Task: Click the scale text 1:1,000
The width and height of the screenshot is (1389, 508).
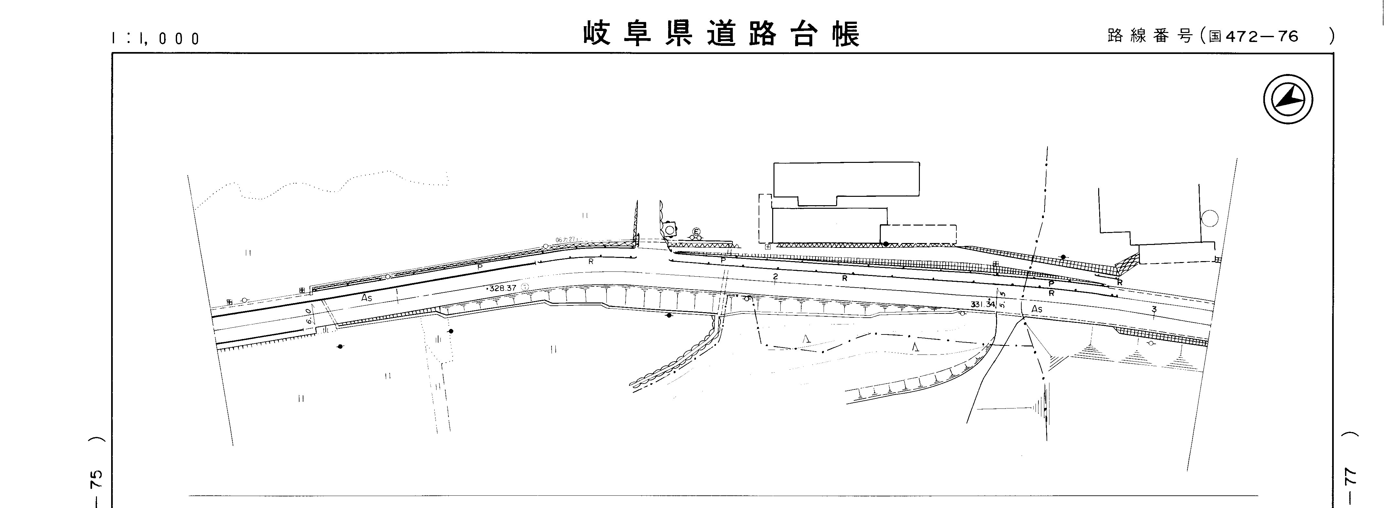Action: (156, 38)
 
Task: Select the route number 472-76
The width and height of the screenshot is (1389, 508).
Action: (1262, 36)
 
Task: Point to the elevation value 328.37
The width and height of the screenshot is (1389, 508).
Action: (502, 288)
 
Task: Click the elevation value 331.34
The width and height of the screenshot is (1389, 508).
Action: (983, 304)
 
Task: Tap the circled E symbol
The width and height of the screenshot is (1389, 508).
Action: (696, 231)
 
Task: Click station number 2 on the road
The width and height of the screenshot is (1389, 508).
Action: (775, 277)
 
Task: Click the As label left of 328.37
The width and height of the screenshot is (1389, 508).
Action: (367, 297)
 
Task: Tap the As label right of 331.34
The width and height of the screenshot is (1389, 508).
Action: (1036, 309)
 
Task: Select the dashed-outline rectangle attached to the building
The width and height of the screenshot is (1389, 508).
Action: (918, 234)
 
